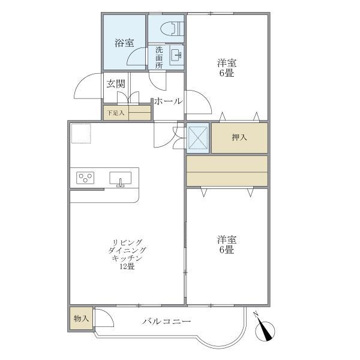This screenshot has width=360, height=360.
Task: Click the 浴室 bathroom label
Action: (124, 43)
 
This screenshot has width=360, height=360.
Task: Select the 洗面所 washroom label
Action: (159, 58)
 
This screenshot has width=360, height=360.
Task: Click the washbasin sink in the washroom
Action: (177, 56)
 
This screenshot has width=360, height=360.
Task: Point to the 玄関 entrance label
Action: (115, 84)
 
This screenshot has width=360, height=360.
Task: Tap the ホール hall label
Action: (168, 101)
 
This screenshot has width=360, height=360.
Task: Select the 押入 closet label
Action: (239, 138)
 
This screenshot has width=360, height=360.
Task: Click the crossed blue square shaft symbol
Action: (197, 137)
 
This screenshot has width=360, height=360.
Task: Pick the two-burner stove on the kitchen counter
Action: (86, 178)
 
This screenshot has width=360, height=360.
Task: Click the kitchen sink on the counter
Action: (121, 178)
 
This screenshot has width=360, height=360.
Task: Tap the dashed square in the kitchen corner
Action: (80, 133)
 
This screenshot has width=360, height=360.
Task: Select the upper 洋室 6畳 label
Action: (226, 67)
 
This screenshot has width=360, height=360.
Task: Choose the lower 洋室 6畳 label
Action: (226, 245)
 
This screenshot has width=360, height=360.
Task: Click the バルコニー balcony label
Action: (167, 322)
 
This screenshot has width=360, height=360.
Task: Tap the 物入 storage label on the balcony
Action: (81, 318)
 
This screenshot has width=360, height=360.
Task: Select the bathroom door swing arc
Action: (137, 58)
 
